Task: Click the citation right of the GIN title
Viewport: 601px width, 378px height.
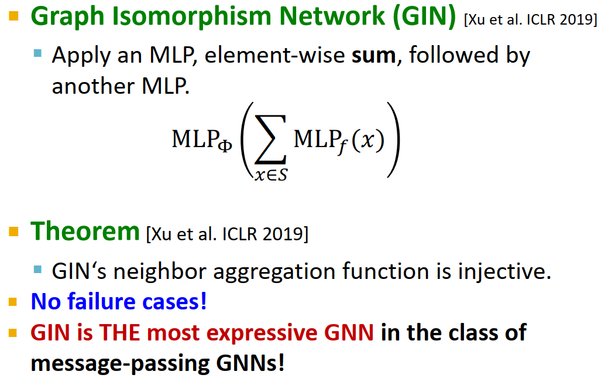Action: point(530,21)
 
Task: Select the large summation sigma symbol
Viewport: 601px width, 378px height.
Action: point(271,141)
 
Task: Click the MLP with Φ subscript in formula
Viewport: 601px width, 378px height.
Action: point(202,140)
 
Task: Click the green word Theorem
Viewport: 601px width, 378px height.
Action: point(85,232)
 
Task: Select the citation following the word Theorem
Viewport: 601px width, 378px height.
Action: point(226,234)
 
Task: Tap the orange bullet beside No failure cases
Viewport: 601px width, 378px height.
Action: point(13,302)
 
